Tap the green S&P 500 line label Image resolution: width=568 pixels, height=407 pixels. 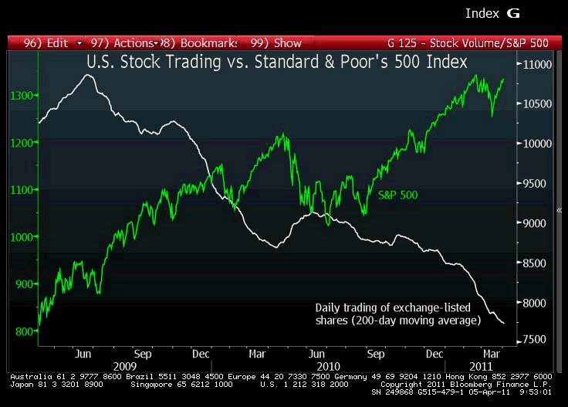[x=397, y=195]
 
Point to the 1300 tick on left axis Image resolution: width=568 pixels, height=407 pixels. [x=22, y=95]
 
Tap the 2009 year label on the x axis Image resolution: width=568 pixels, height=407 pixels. [x=125, y=365]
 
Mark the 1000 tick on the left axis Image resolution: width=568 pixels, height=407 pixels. [x=22, y=237]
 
